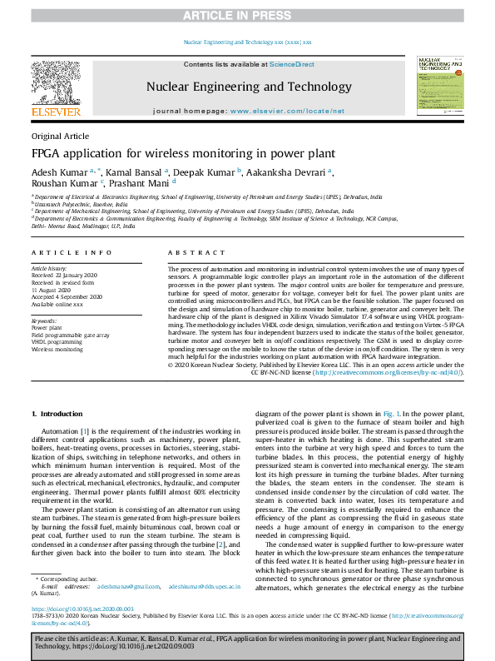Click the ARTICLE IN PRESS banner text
coord(247,15)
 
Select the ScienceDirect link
coord(293,64)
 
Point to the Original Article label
coord(61,136)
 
